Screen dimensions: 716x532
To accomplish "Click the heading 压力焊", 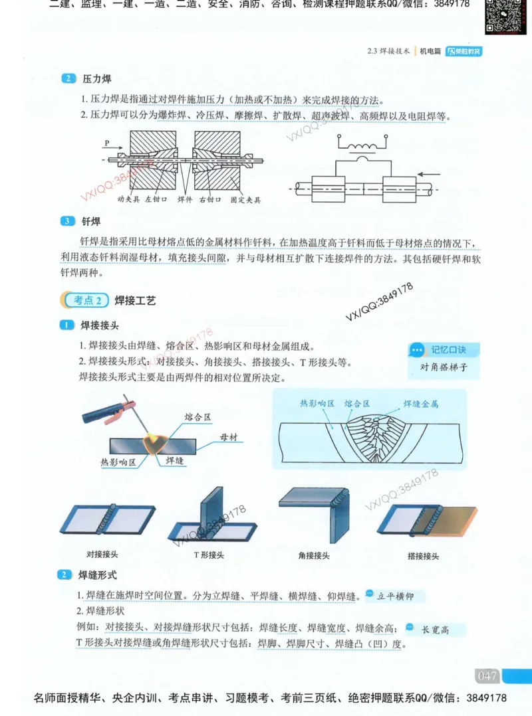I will [96, 78].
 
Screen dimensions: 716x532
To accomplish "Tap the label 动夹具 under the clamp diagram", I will [128, 199].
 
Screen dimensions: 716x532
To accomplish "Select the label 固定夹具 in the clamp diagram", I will [245, 199].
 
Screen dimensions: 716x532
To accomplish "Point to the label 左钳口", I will [156, 199].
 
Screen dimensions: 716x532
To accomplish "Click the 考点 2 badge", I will [84, 300].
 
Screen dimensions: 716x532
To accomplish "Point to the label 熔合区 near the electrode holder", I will [198, 417].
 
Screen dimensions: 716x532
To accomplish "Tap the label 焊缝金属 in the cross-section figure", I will [420, 403].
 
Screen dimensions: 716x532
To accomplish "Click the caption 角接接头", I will [314, 555].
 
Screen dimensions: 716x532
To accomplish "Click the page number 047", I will [487, 675].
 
